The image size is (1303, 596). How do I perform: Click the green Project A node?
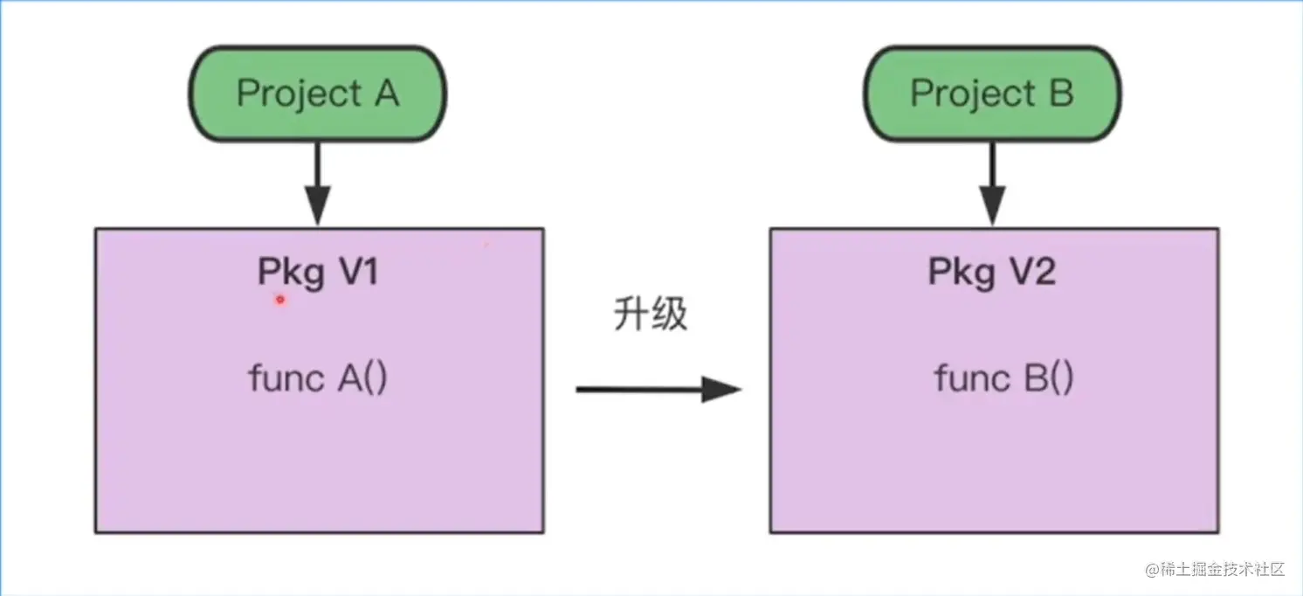(318, 94)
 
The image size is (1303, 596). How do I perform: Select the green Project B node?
(992, 94)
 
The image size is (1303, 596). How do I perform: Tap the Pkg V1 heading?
(318, 274)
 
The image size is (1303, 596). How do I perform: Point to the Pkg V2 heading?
(992, 274)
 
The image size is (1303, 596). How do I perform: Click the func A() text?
(318, 379)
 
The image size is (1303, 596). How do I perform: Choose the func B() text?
(1003, 379)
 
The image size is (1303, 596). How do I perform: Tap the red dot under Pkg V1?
(280, 301)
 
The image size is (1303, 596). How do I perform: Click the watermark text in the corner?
(1215, 569)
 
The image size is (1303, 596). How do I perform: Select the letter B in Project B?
(1061, 94)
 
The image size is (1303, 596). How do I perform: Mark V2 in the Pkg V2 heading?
(1032, 274)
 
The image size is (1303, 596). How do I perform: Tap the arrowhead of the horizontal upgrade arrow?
(723, 390)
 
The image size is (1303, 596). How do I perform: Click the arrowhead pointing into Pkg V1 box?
(317, 211)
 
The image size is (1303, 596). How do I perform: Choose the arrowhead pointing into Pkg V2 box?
(991, 211)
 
